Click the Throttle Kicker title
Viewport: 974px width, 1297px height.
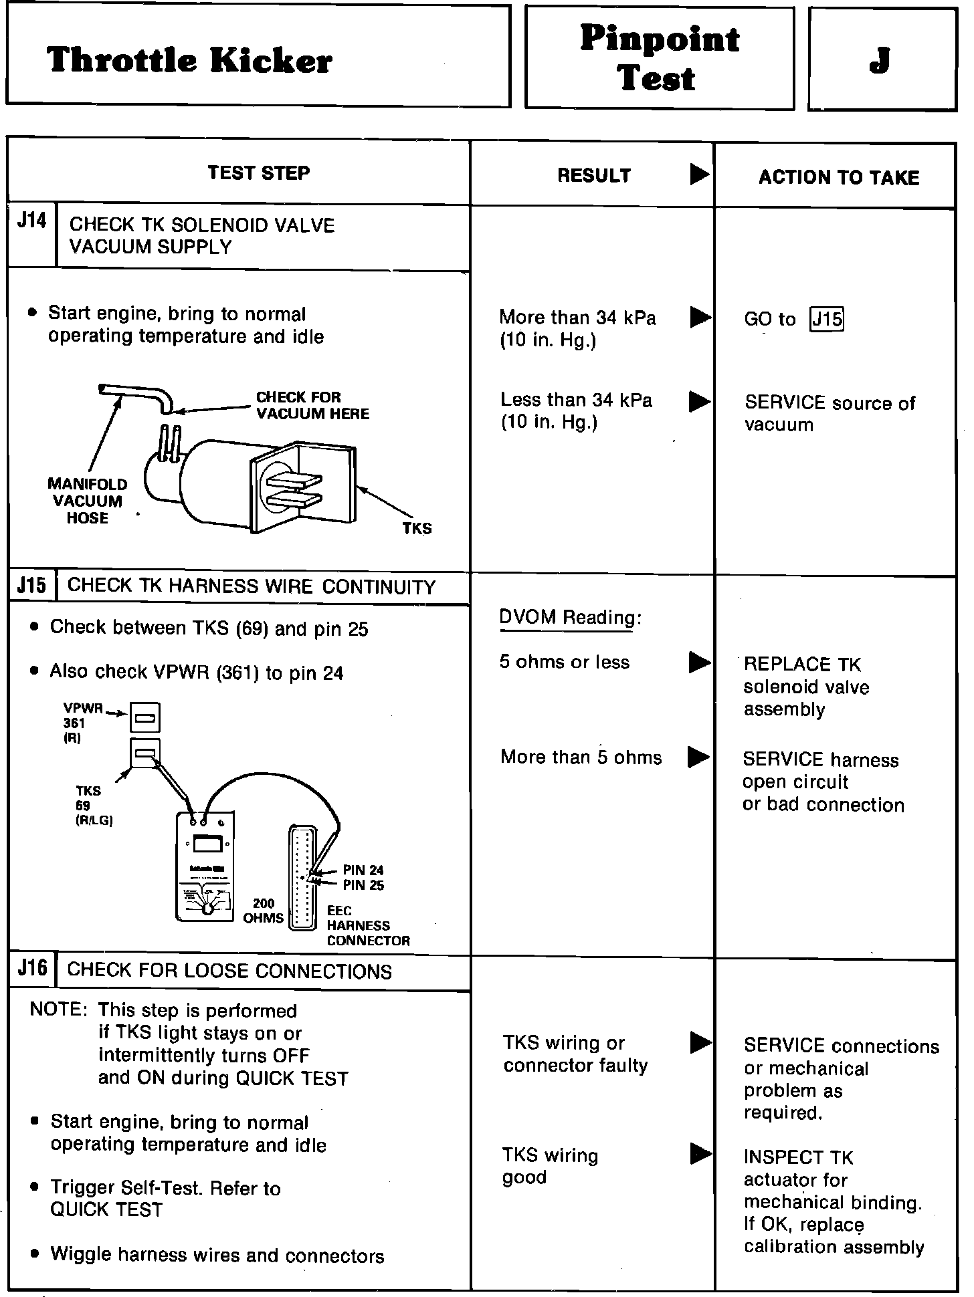coord(189,61)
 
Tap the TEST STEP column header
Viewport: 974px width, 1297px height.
coord(259,173)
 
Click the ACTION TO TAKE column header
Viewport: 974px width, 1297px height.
coord(839,178)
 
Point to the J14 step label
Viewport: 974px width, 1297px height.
coord(31,221)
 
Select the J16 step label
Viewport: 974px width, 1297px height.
coord(32,968)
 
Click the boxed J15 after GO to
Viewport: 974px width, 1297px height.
coord(827,319)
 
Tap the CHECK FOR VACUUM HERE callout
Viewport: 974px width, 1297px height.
coord(312,405)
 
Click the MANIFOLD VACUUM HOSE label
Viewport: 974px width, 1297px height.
coord(87,501)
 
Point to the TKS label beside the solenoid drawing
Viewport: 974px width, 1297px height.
coord(417,528)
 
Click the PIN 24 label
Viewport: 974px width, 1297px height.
coord(363,870)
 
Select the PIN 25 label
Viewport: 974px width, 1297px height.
coord(363,885)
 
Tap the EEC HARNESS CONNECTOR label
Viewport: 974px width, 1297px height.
coord(368,925)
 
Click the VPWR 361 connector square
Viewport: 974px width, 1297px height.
coord(145,717)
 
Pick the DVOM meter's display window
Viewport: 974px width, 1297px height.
coord(207,844)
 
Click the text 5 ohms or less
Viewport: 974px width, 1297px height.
coord(565,662)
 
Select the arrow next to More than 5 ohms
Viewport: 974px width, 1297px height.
coord(699,757)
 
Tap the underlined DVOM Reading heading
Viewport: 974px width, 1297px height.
coord(569,617)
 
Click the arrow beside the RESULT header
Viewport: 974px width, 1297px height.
coord(699,174)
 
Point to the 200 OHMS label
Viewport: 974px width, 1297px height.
coord(264,911)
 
